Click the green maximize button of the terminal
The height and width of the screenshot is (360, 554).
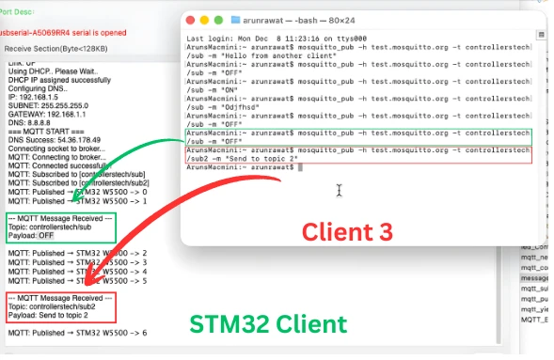pos(216,18)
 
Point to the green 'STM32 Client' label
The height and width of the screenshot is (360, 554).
pos(268,324)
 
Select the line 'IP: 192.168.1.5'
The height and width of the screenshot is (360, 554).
pos(34,96)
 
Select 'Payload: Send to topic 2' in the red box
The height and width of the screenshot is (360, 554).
pos(62,315)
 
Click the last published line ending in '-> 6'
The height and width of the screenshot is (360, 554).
pos(75,334)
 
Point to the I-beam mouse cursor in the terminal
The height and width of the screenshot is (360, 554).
pos(339,191)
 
